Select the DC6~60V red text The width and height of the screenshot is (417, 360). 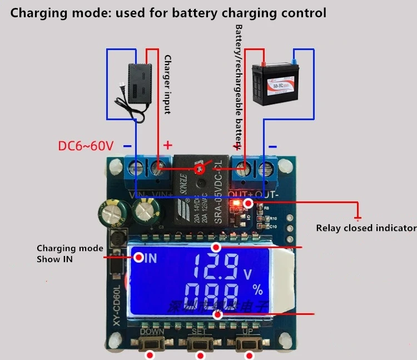pos(86,146)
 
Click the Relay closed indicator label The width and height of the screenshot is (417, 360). pos(366,228)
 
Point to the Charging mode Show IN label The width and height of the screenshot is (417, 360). pos(69,253)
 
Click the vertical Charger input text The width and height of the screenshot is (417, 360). pos(167,83)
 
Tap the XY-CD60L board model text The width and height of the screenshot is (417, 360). pos(117,306)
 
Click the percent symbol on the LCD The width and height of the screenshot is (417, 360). pos(257,289)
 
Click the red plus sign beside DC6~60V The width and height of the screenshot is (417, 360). pos(167,145)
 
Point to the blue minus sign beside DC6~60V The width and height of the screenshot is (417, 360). pos(127,146)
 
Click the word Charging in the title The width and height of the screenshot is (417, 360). pos(37,12)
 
